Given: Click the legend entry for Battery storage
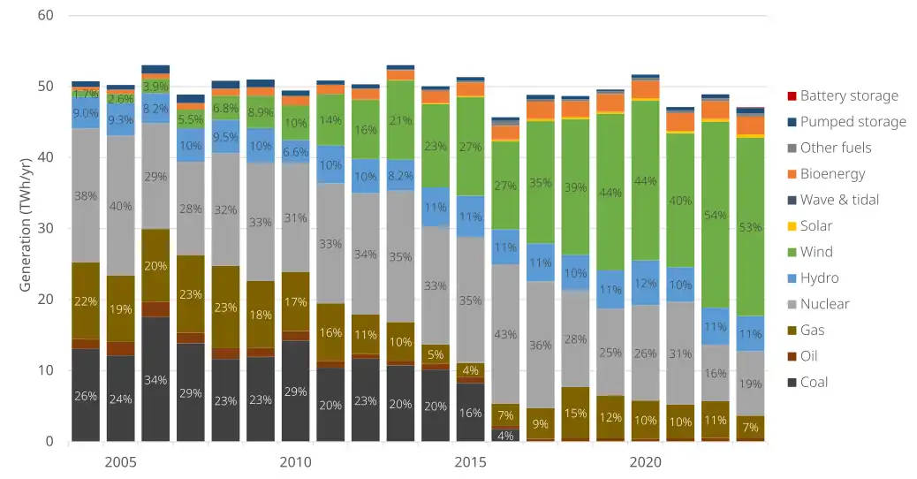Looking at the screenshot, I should point(849,95).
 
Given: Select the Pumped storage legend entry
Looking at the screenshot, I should point(853,122).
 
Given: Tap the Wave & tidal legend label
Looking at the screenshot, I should point(839,200).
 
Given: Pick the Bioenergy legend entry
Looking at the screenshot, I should point(832,174).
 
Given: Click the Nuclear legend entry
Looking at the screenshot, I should point(824,304).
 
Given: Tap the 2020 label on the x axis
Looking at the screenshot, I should point(645,463).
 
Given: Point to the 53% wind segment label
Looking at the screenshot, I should point(750,227).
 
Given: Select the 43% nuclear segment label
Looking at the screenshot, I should point(505,335).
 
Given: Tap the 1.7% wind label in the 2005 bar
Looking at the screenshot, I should point(86,93).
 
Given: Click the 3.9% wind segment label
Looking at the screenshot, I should point(155,87).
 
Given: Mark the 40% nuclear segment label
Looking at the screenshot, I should point(120,206).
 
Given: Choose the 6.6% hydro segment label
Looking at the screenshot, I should point(295,152).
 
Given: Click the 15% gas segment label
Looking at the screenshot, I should point(575,413).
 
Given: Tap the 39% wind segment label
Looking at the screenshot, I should point(575,187).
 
